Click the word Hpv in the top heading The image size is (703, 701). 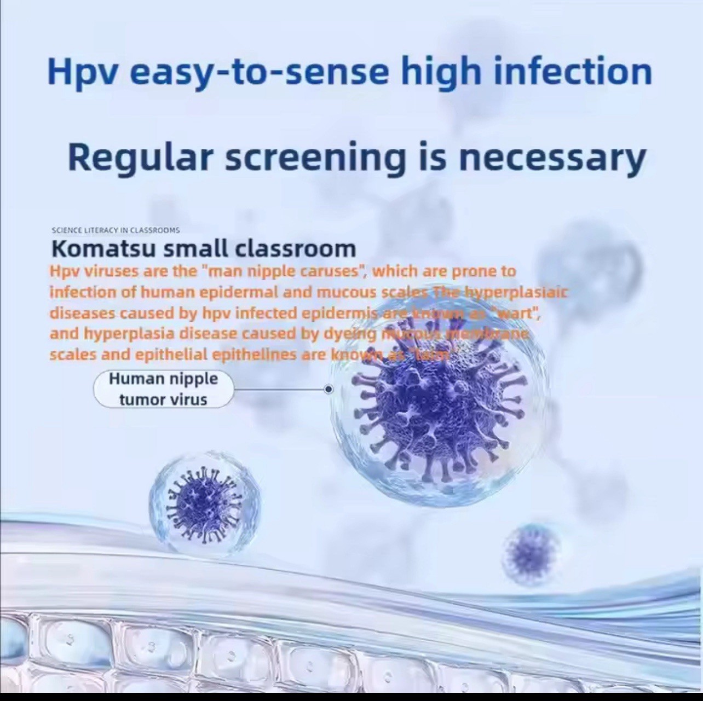pyautogui.click(x=83, y=72)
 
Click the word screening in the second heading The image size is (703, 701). pyautogui.click(x=316, y=158)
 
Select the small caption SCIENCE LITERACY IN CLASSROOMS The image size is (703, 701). pyautogui.click(x=116, y=230)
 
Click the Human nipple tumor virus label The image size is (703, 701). pyautogui.click(x=163, y=389)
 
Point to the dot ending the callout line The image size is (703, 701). pyautogui.click(x=329, y=389)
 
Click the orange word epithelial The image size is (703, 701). pyautogui.click(x=171, y=355)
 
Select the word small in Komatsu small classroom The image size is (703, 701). pyautogui.click(x=197, y=248)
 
